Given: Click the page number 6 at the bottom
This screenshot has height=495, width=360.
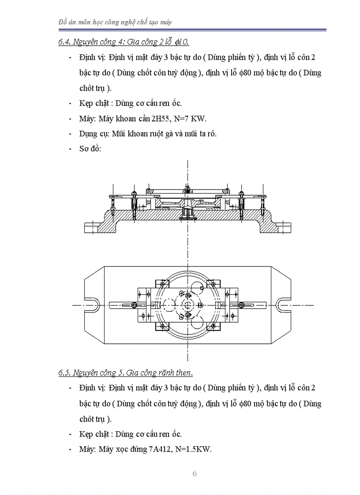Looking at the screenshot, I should pos(195,474).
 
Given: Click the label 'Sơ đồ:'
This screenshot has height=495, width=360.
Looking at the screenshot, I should pos(90,149).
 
